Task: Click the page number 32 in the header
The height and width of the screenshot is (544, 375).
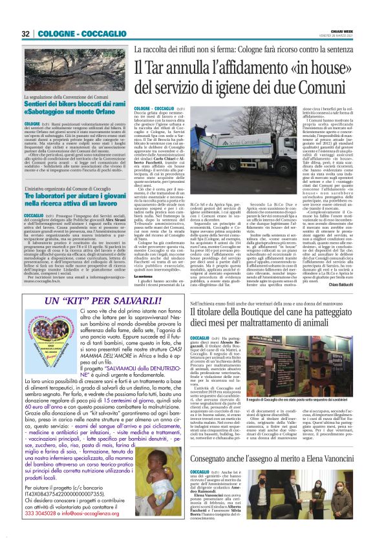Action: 27,34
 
